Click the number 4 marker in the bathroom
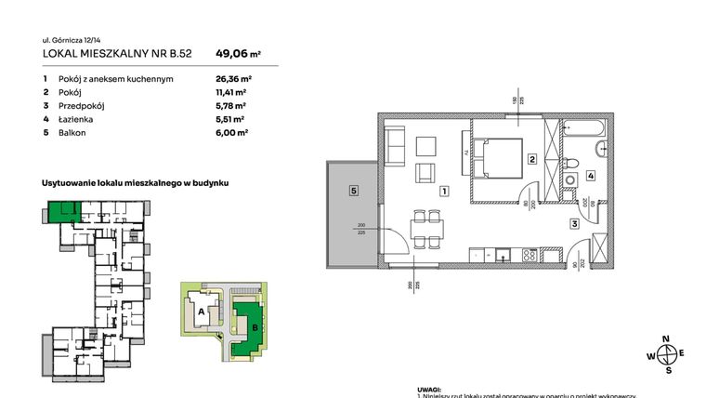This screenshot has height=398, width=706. click(590, 175)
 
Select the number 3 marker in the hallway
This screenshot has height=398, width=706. click(575, 224)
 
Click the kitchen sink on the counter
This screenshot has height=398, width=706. click(503, 254)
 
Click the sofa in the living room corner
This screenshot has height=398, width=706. click(394, 147)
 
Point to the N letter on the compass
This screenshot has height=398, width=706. click(665, 339)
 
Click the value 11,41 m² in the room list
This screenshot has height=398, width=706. click(229, 93)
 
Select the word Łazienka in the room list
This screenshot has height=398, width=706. click(73, 120)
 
